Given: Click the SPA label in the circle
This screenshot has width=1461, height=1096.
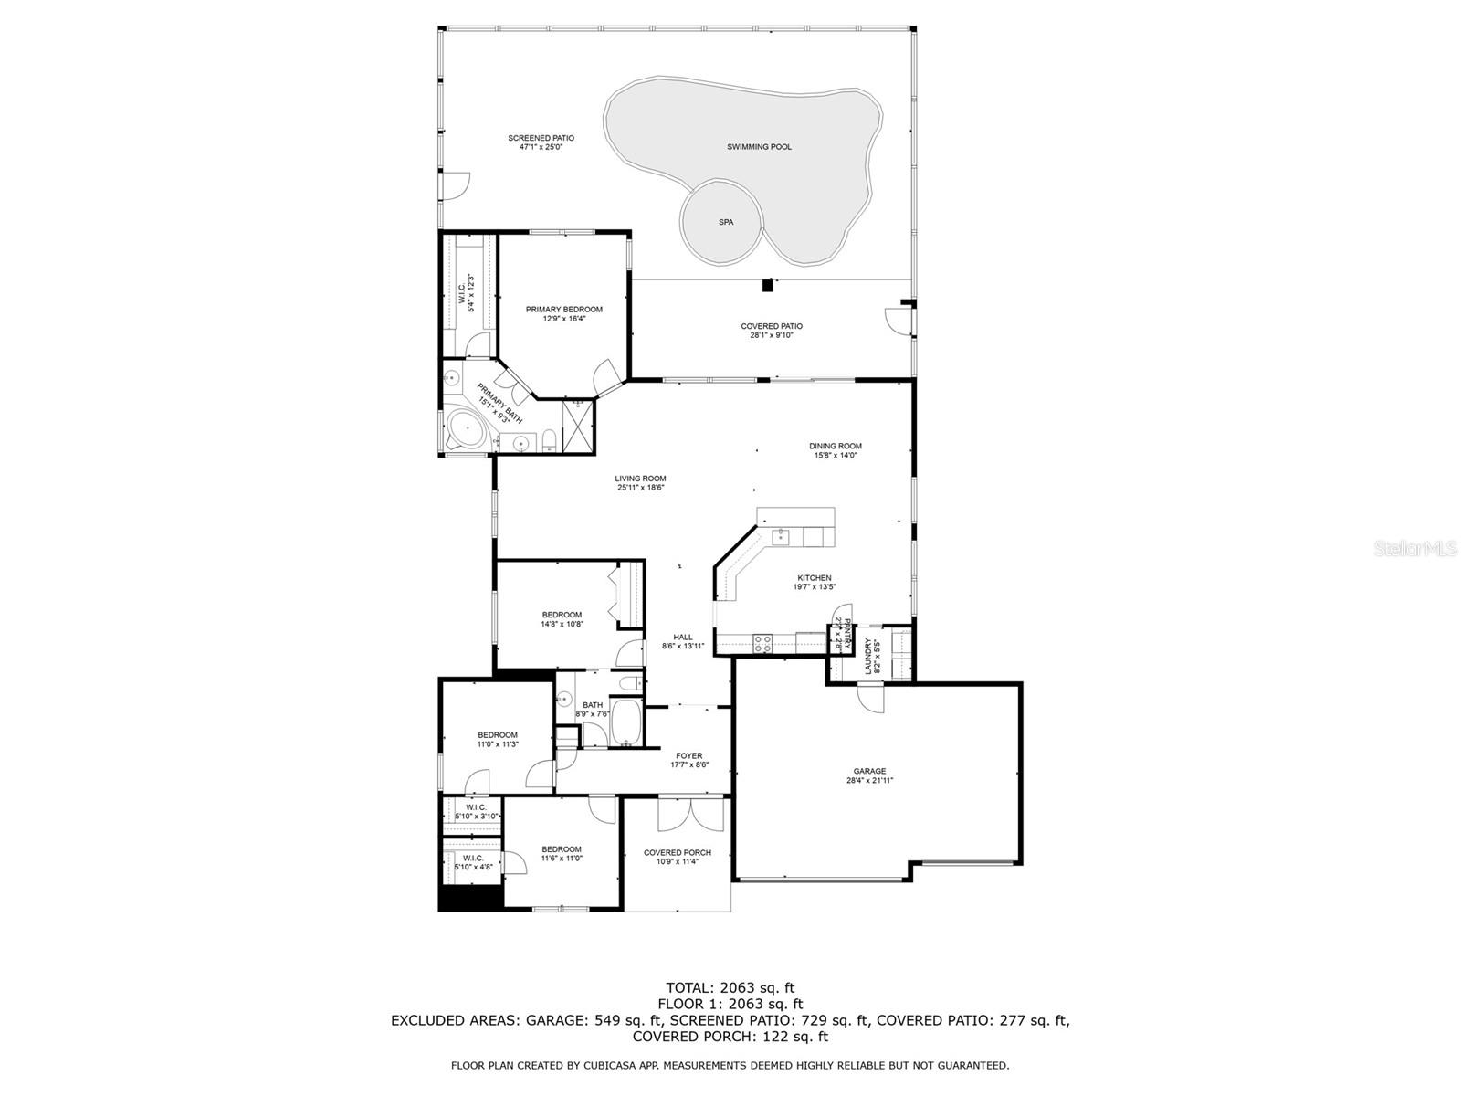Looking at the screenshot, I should click(726, 222).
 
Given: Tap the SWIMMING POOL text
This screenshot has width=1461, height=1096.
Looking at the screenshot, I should click(759, 147).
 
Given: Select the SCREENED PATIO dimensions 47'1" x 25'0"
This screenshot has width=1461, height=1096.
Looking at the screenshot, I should click(541, 147).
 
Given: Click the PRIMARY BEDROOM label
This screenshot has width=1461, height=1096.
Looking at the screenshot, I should click(563, 310).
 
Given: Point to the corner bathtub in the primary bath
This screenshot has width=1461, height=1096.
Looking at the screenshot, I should click(468, 429).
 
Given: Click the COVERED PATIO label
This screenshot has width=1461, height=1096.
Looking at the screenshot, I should click(772, 326).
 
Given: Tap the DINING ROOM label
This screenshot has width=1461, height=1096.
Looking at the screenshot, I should click(835, 447).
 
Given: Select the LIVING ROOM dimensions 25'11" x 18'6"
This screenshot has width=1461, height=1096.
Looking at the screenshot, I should click(640, 488).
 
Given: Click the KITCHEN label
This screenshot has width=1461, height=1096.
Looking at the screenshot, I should click(814, 578).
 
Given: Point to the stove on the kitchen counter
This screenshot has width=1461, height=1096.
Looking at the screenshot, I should click(762, 643).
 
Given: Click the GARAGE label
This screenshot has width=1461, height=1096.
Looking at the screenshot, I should click(869, 772).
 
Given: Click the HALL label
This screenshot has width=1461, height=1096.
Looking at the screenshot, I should click(682, 638).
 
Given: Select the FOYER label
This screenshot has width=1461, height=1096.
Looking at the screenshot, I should click(688, 756).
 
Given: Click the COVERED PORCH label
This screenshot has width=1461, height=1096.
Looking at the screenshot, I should click(677, 853).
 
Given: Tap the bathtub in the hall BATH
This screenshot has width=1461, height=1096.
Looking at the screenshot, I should click(626, 723).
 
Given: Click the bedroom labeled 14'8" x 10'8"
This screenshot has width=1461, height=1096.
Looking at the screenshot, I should click(562, 619).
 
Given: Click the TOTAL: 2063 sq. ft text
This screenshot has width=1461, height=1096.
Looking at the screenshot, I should click(730, 987).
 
